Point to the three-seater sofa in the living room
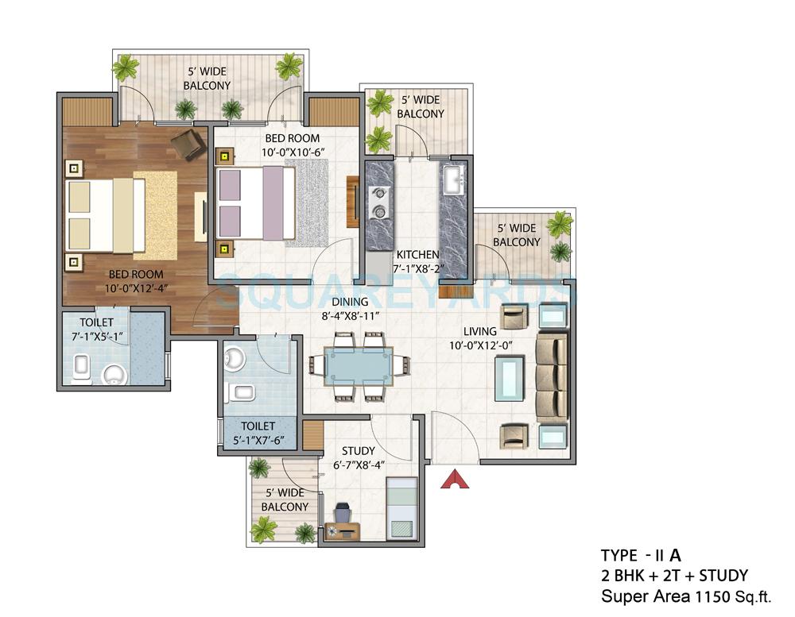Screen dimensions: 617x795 coord(552,376)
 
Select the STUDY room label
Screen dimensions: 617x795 coord(358,451)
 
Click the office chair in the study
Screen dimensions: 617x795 coord(343,514)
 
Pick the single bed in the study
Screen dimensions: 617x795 coord(401,507)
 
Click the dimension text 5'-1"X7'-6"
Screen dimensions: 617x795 coord(257,441)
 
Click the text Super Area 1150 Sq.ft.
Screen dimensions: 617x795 coord(685,595)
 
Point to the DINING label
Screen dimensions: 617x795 coord(351,302)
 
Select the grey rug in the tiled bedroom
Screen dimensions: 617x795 coord(306,202)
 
